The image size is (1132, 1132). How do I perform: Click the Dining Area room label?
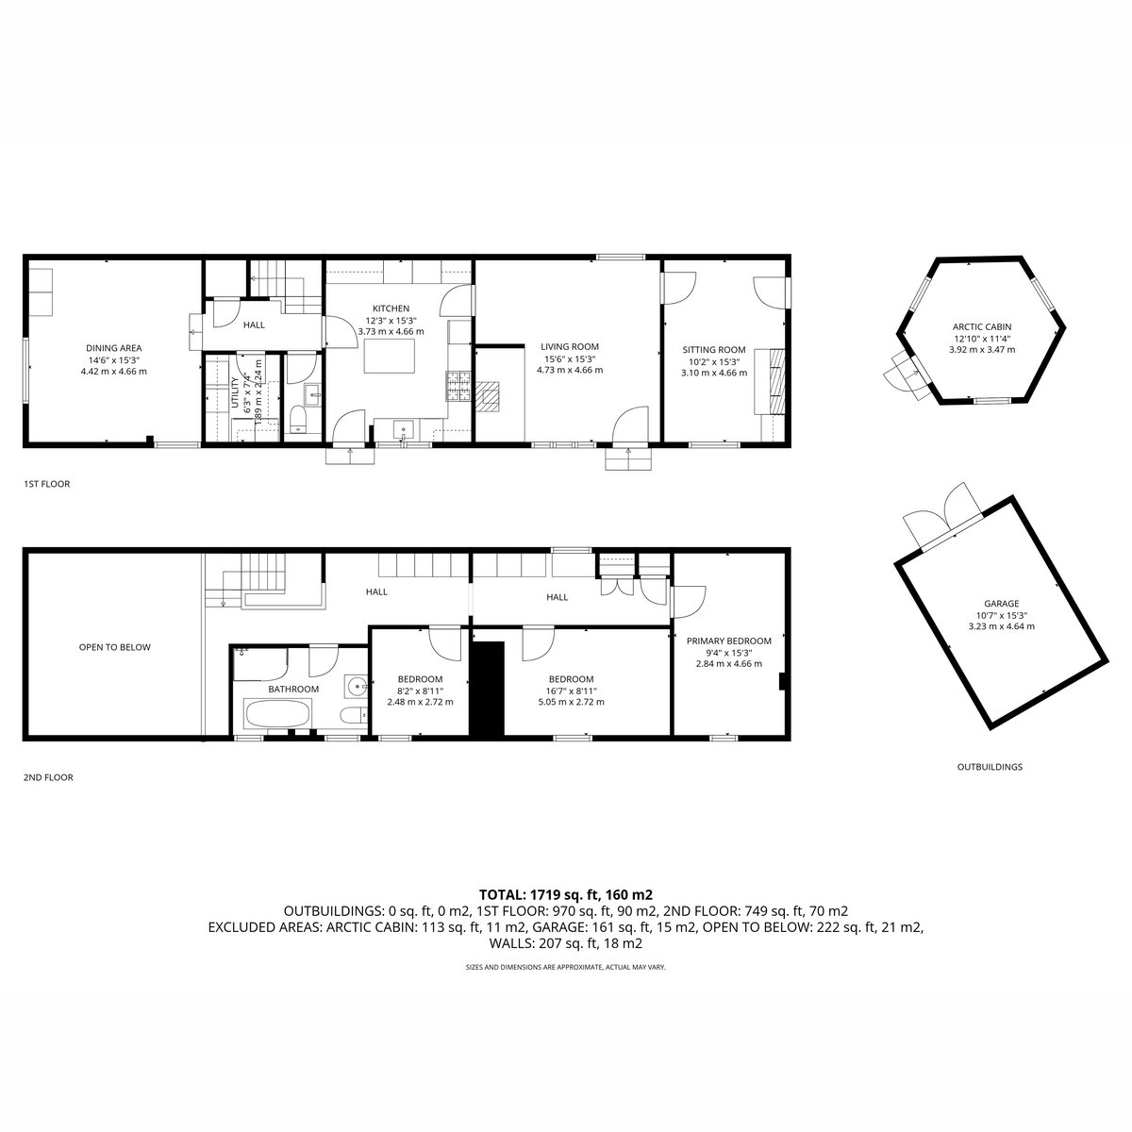114,348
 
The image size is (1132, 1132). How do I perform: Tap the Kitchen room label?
391,308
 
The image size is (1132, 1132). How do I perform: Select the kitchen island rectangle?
390,356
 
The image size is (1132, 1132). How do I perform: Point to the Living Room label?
569,346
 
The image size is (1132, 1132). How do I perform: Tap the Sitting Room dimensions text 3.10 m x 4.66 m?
714,373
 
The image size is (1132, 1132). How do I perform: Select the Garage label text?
1002,604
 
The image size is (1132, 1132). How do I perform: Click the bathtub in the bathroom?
276,713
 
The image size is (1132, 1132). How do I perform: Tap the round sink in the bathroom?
357,686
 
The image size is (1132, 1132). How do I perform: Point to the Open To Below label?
114,647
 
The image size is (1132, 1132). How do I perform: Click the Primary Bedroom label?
728,641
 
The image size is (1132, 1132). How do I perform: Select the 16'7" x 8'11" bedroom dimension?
571,691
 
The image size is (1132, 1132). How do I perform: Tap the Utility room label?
236,392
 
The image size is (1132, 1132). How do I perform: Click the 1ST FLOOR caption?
46,484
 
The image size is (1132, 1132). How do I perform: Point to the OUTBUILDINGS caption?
990,767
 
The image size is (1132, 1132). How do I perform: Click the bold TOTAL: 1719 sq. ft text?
539,895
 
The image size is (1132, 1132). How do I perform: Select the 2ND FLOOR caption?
48,777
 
